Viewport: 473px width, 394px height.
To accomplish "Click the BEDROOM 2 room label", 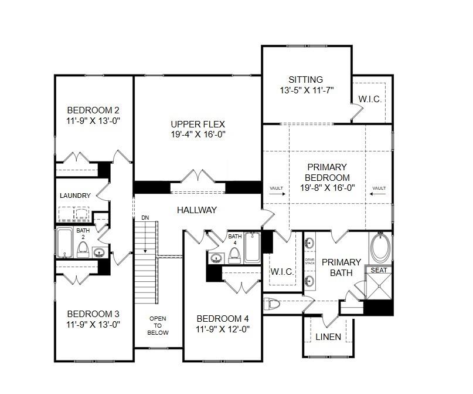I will click(93, 110).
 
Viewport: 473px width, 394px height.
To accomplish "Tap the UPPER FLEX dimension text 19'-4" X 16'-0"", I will click(198, 134).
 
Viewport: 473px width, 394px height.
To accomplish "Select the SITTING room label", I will click(305, 80).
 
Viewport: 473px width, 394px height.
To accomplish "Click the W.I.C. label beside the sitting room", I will click(370, 99).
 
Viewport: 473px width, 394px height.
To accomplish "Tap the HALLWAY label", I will click(198, 210).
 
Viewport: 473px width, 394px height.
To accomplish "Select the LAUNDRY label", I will click(75, 196).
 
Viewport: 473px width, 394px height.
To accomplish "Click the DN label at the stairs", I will click(145, 218).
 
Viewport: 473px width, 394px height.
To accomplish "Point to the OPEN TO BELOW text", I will click(158, 325).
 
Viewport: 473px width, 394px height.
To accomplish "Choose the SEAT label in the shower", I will click(378, 270).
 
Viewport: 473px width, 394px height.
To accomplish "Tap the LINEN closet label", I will click(328, 337).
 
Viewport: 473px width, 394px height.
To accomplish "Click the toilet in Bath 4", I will click(235, 253).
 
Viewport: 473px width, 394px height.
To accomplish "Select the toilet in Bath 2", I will click(83, 250).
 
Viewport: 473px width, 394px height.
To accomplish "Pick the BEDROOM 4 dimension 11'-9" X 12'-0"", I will click(222, 329).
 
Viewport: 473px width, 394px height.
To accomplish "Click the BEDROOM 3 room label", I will click(93, 313).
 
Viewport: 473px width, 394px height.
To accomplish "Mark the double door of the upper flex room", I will click(198, 176).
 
